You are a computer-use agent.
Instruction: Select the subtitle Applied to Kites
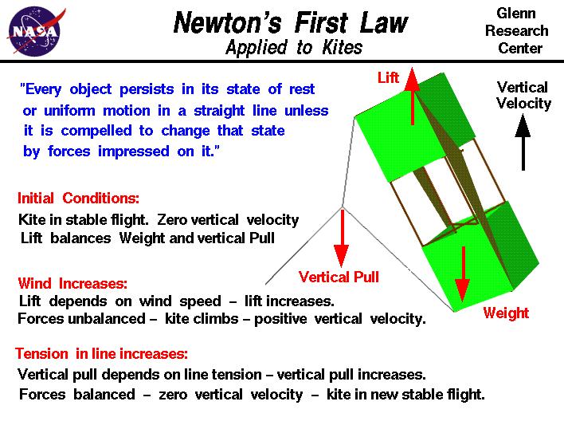[x=293, y=48]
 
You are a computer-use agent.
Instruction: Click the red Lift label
[x=388, y=78]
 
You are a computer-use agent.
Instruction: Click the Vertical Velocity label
[x=523, y=95]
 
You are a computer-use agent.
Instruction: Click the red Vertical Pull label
[x=339, y=277]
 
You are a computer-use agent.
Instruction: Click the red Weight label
[x=506, y=313]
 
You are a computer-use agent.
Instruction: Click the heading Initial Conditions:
[x=78, y=199]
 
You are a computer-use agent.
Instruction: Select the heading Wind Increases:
[x=72, y=282]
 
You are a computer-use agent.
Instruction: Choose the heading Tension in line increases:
[x=101, y=354]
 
